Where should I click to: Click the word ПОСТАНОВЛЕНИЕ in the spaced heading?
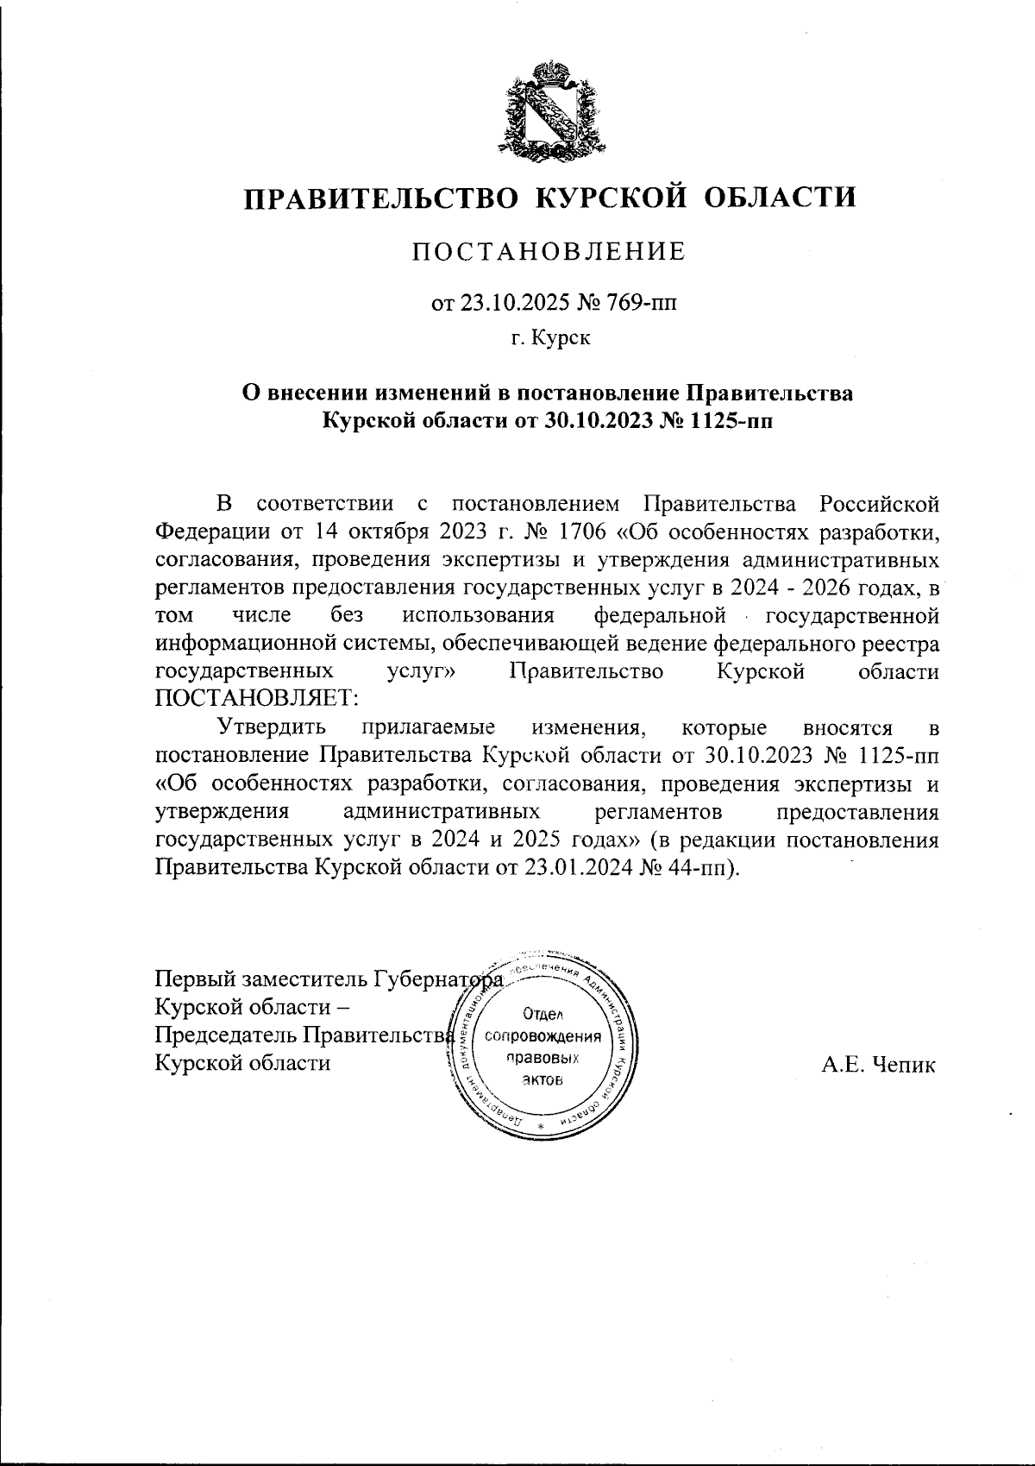[x=549, y=252]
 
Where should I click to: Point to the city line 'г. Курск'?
[x=549, y=339]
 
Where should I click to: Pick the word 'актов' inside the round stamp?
[x=543, y=1080]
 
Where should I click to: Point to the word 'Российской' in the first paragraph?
[x=879, y=503]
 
